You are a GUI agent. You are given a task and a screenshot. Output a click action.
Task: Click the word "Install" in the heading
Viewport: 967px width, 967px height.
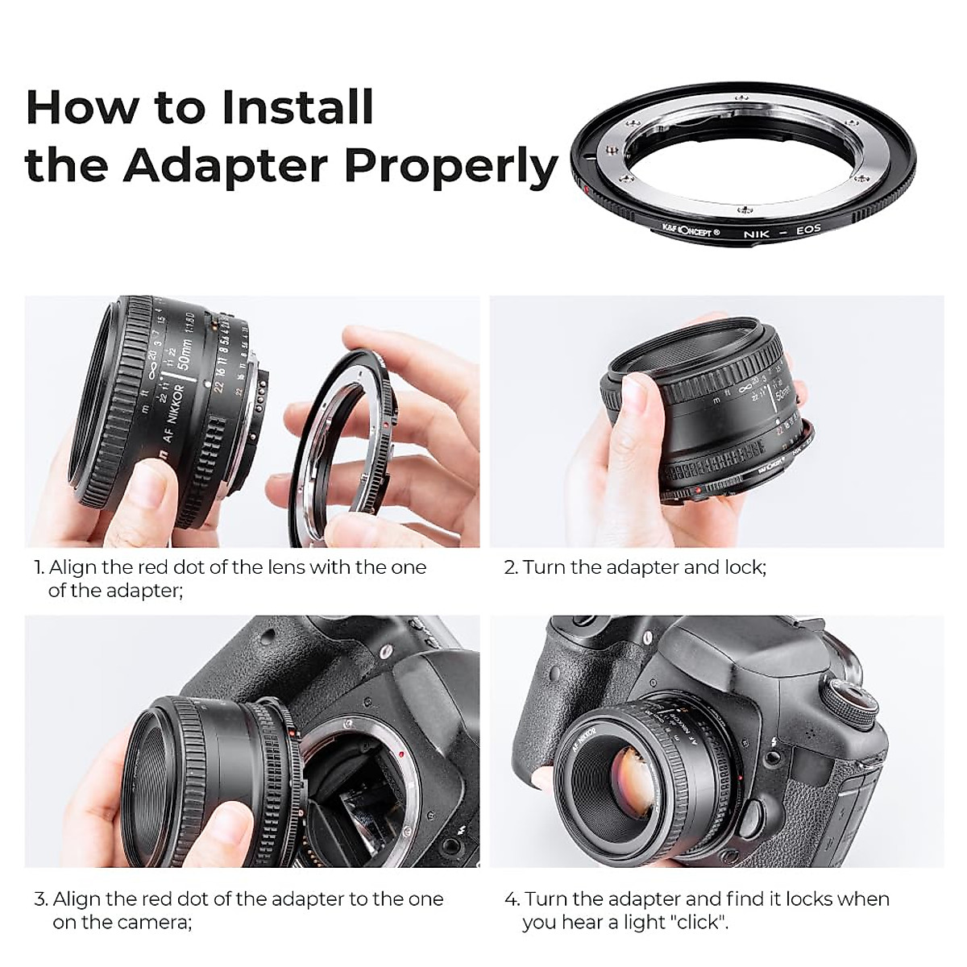297,107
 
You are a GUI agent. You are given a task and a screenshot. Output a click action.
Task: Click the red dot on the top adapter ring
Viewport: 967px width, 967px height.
586,190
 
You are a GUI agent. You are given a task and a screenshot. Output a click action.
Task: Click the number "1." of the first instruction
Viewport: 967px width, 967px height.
39,567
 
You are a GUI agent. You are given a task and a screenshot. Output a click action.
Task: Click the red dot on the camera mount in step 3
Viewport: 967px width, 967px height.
400,753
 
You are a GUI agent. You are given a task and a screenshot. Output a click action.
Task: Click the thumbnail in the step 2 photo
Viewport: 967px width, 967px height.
636,404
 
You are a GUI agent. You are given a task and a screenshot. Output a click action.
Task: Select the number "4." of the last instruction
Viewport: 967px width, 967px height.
512,899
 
